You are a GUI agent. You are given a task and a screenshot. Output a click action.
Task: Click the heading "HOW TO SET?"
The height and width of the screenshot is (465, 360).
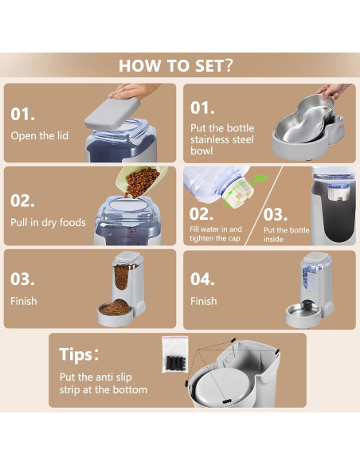coord(176,65)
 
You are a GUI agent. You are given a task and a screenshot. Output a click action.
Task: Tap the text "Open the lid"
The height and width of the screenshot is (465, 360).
coord(40,136)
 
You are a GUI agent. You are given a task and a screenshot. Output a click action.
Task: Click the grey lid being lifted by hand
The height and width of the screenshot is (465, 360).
coord(112,112)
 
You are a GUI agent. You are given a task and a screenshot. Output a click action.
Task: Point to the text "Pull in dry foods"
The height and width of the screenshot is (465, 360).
coord(48,222)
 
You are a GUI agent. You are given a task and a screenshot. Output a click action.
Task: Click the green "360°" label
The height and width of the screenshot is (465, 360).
coord(261,178)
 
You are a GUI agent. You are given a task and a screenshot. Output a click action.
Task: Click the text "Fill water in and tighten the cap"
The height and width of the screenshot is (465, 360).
coord(216,233)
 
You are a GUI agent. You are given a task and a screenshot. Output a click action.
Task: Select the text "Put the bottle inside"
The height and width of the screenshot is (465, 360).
coord(286,235)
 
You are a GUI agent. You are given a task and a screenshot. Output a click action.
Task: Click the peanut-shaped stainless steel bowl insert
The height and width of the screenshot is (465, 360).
coord(304,121)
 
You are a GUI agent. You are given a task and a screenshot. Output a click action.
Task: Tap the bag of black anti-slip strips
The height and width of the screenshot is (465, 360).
coord(175,354)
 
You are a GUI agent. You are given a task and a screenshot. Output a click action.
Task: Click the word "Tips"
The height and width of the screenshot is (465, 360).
coord(76,354)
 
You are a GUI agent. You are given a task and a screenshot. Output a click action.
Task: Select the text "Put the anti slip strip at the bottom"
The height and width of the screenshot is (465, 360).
coord(104,383)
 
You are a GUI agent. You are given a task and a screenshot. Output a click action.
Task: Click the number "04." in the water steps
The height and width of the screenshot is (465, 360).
coord(202,279)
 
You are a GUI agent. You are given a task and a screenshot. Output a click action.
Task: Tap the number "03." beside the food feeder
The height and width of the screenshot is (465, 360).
coord(22,279)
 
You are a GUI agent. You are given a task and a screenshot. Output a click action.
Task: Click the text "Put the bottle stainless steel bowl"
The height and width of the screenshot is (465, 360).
coord(222,139)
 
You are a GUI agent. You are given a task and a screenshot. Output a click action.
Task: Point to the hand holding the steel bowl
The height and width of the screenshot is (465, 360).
coord(333,90)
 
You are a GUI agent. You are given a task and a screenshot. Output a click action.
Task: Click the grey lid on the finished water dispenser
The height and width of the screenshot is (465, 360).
coord(316,258)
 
